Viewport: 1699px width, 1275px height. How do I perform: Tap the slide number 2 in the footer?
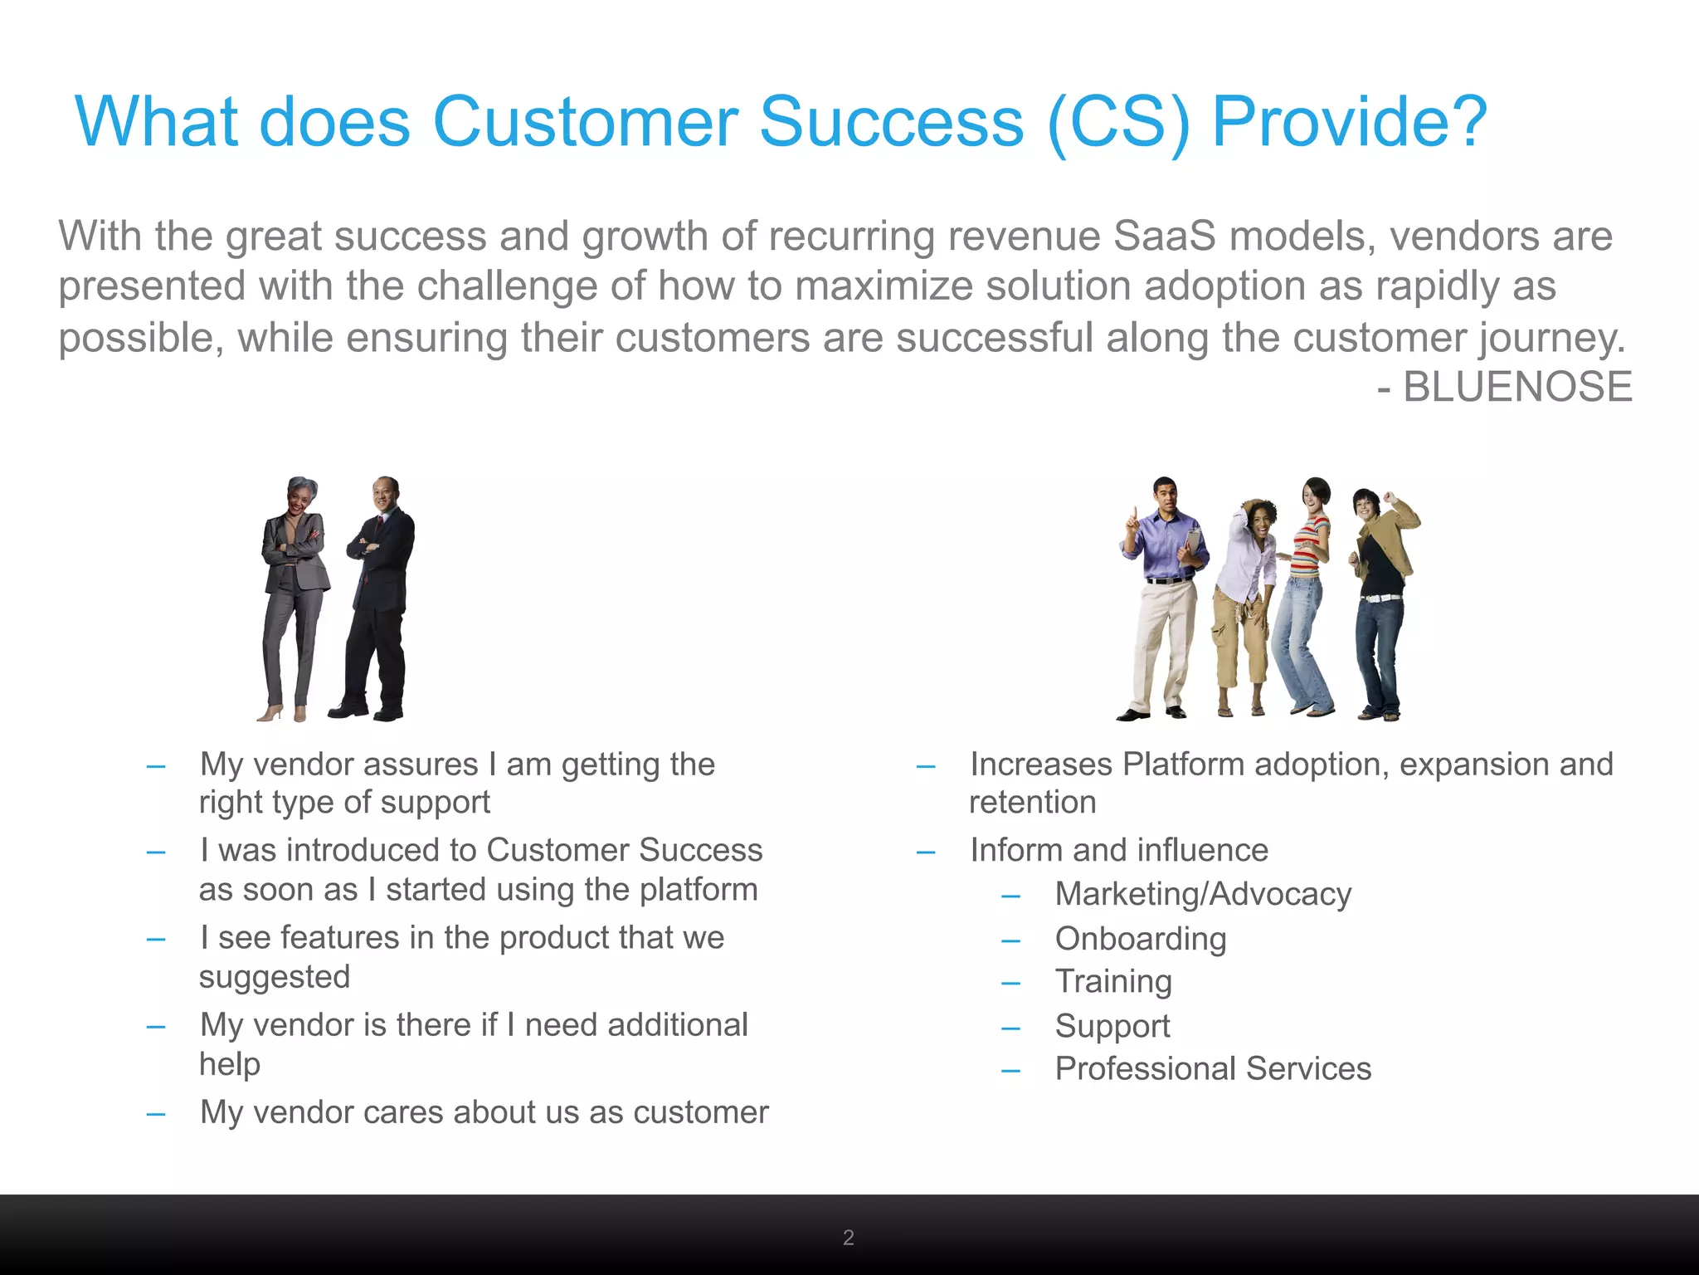point(848,1238)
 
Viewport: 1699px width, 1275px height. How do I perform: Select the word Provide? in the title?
point(1349,123)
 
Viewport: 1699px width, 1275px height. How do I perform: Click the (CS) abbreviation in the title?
point(1118,123)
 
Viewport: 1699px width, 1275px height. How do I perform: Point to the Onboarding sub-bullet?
point(1140,939)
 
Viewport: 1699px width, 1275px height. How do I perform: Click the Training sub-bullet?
point(1112,982)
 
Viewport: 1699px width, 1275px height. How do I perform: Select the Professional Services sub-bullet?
point(1212,1069)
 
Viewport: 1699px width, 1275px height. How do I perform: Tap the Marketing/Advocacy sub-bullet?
point(1202,895)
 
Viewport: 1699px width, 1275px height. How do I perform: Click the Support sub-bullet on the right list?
point(1112,1026)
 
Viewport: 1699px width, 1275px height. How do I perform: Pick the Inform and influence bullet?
point(1118,851)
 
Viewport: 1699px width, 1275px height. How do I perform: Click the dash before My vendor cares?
point(155,1113)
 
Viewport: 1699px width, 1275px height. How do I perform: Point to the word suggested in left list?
point(274,977)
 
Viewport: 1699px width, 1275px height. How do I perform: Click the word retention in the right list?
point(1032,803)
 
